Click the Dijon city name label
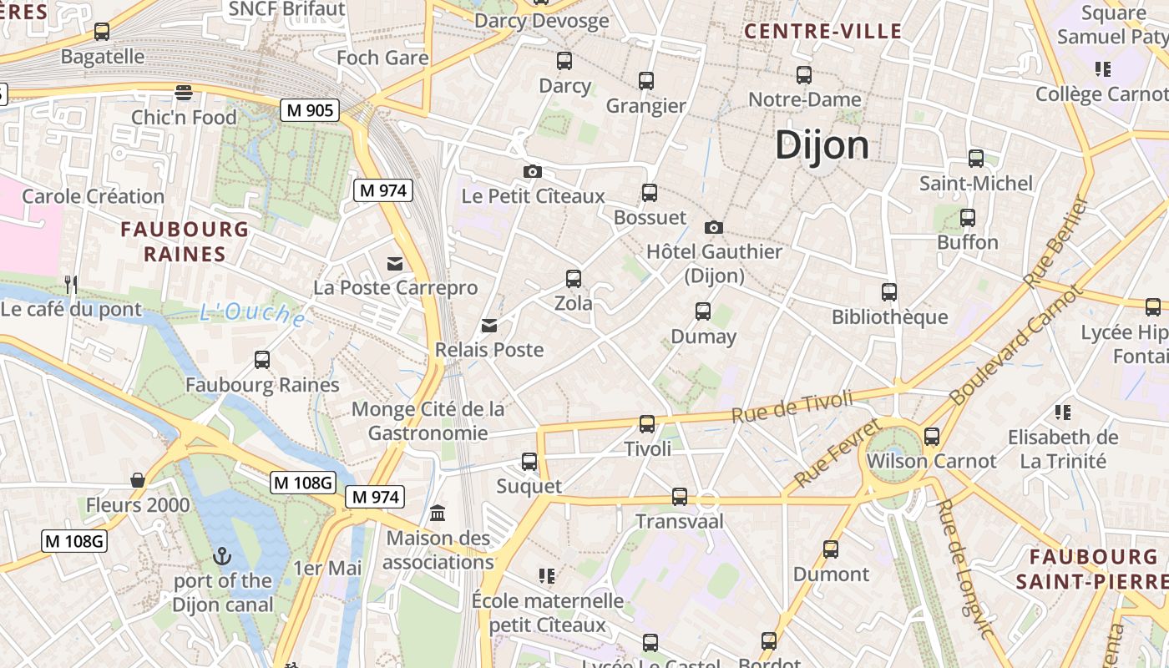click(x=822, y=145)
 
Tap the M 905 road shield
click(x=309, y=109)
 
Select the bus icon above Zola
click(x=573, y=279)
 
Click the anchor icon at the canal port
click(x=222, y=555)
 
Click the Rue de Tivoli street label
click(x=792, y=406)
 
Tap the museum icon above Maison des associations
click(x=438, y=513)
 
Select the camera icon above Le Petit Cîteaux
click(x=532, y=172)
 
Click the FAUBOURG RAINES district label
click(x=185, y=241)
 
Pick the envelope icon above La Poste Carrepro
click(x=395, y=264)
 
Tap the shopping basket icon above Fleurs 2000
click(x=138, y=480)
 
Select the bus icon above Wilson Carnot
click(x=932, y=436)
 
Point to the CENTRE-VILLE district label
click(x=822, y=32)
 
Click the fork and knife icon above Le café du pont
click(x=71, y=285)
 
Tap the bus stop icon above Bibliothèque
click(x=889, y=292)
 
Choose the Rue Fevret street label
click(x=838, y=453)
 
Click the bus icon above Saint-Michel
click(x=975, y=159)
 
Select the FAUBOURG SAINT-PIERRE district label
click(x=1093, y=569)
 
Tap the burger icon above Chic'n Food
click(x=184, y=92)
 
